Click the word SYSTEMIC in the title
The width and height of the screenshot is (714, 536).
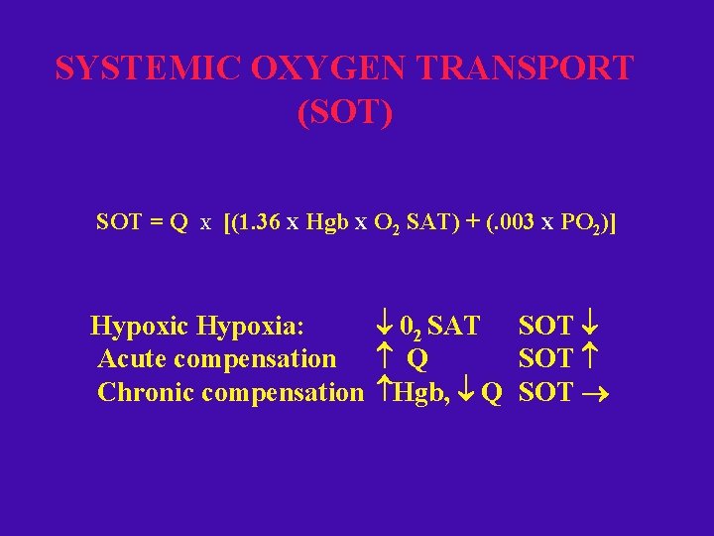[147, 68]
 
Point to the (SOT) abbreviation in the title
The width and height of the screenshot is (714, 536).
[345, 112]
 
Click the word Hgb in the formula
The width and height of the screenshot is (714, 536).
[322, 222]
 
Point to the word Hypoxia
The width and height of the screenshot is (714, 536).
[251, 327]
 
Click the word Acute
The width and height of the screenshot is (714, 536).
[134, 358]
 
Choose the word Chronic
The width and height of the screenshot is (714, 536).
[146, 392]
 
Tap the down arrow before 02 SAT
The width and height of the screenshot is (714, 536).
[386, 326]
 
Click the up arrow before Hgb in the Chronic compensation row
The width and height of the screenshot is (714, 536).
[385, 392]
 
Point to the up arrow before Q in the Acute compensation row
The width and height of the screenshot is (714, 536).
[386, 358]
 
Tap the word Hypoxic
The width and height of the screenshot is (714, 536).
[140, 327]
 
